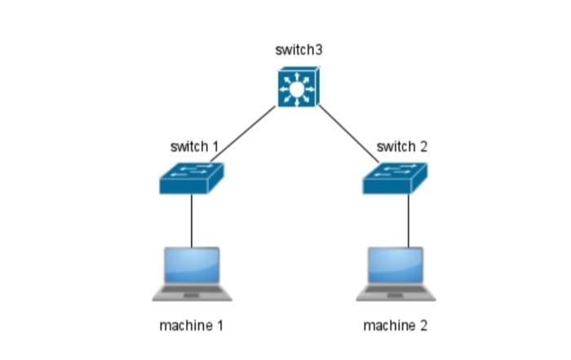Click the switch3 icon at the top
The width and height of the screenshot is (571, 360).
tap(298, 87)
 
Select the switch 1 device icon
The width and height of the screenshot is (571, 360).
tap(192, 177)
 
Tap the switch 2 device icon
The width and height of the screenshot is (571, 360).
tap(395, 177)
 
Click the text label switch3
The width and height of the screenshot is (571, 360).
tap(299, 51)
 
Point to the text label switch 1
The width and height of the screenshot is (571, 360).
tap(194, 148)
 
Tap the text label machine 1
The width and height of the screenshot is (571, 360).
tap(191, 326)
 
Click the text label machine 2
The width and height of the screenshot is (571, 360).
tap(395, 326)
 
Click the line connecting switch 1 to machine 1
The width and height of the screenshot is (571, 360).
tap(192, 220)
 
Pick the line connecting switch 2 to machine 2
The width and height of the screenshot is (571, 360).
tap(408, 220)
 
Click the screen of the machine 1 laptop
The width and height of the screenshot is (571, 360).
tap(192, 265)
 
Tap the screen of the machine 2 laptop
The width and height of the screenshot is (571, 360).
tap(395, 265)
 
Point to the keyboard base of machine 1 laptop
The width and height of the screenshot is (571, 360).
tap(192, 292)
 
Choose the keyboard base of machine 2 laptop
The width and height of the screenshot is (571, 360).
tap(395, 292)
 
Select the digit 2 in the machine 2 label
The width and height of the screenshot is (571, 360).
tap(423, 326)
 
